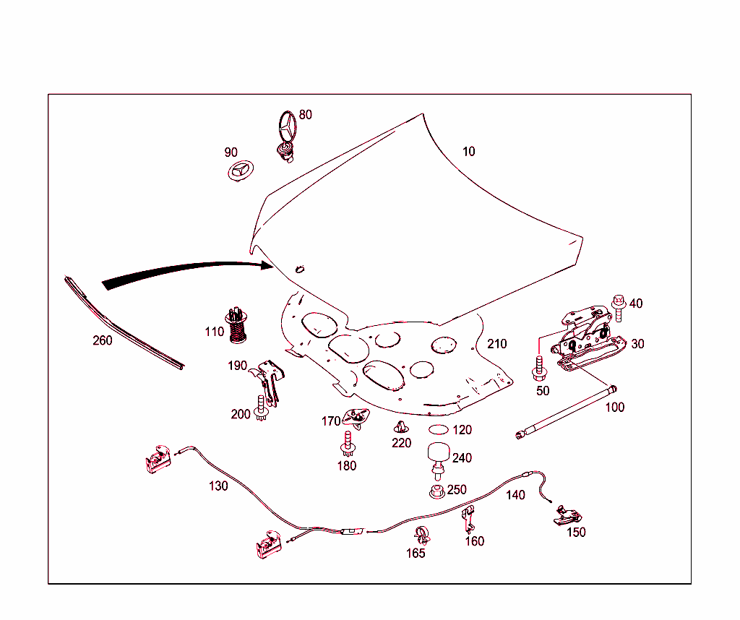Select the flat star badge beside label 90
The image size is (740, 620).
tap(241, 171)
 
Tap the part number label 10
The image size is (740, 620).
tap(468, 152)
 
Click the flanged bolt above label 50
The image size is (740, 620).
tap(539, 369)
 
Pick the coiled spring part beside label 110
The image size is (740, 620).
tap(237, 325)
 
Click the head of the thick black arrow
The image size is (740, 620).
tap(266, 266)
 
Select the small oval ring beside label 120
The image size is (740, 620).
tap(439, 429)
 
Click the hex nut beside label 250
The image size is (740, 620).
tap(437, 491)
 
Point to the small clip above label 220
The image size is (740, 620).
tap(400, 427)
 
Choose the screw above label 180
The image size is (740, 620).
tap(348, 444)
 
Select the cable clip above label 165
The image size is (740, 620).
tap(422, 535)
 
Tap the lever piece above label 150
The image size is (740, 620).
tap(567, 515)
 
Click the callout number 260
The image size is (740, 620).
tap(103, 340)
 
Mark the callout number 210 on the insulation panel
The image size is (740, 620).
tap(497, 343)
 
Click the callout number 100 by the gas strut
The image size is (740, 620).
tap(614, 408)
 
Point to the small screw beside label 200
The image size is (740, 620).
tap(261, 408)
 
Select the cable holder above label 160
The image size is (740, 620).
tap(468, 519)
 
